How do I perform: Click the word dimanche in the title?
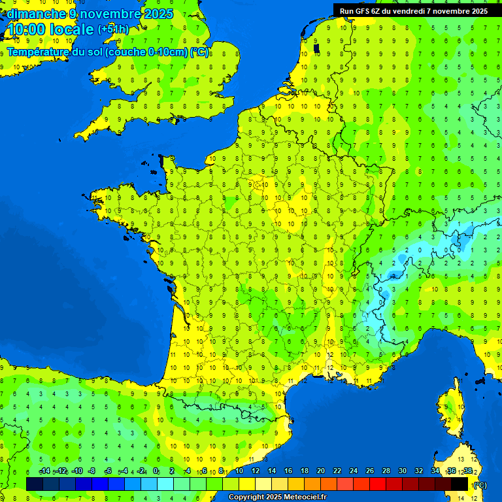coord(35,14)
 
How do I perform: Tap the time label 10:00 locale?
coord(50,29)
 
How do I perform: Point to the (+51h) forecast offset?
coord(113,29)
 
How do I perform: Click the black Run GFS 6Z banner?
coord(413,10)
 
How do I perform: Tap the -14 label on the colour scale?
coord(45,471)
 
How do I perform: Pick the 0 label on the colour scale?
coord(156,471)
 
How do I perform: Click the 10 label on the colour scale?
coord(239,471)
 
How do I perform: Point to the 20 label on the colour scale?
coord(321,471)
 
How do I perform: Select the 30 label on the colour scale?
coord(402,471)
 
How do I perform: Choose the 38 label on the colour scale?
coord(468,471)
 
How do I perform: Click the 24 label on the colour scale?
coord(354,471)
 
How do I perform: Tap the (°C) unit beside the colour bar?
coord(480,485)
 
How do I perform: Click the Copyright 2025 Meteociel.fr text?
coord(277,497)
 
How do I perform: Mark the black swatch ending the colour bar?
coord(460,484)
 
